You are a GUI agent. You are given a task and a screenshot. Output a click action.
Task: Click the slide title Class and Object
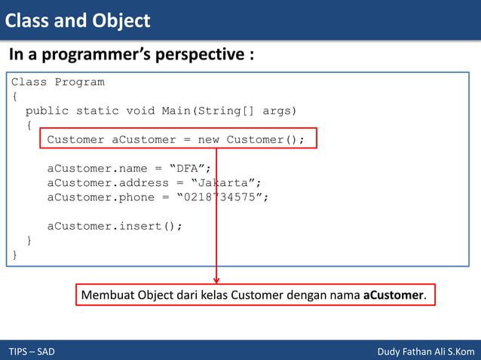coord(78,20)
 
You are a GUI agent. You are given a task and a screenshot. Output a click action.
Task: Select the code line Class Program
coord(57,82)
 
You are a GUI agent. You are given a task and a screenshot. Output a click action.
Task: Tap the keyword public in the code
coord(47,111)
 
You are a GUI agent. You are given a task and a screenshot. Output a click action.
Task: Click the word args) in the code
coord(280,111)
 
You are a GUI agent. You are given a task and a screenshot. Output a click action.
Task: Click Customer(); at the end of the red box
coord(265,139)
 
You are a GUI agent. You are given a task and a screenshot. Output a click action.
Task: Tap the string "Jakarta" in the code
coord(226,182)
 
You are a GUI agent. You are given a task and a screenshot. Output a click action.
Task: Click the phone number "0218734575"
coord(222,197)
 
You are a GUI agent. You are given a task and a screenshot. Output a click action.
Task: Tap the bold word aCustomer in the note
coord(393,294)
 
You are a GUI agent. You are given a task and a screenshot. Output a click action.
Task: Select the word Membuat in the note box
coord(106,294)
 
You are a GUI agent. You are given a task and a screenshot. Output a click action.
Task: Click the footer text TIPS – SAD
coord(32,352)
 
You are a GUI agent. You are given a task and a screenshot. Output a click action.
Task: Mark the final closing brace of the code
coord(14,255)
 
